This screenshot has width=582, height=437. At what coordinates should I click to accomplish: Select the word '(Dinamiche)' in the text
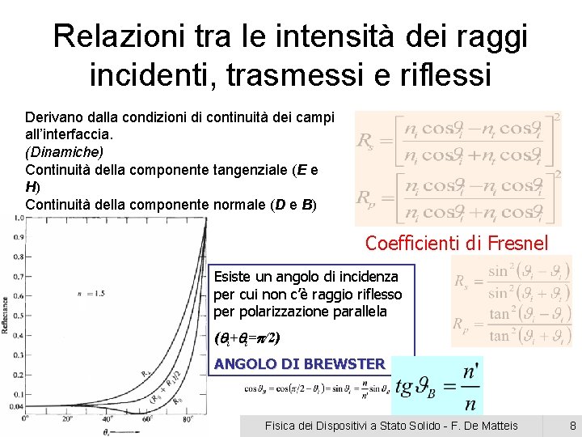coord(65,151)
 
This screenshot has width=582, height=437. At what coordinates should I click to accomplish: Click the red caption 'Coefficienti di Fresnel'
coord(457,242)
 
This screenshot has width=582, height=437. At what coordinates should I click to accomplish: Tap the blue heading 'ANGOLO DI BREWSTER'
coord(299,364)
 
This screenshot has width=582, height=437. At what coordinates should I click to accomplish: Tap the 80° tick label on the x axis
coord(187,418)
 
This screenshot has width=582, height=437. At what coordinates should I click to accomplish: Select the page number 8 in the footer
coord(572,426)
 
